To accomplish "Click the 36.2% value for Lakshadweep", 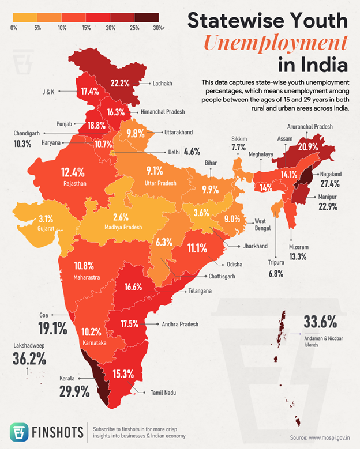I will coord(29,359).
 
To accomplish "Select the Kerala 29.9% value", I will coord(74,391).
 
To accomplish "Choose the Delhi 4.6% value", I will coord(192,152).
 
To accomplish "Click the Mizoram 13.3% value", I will coord(298,256).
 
